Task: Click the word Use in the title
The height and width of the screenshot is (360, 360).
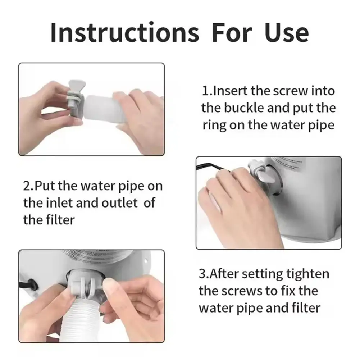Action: click(x=286, y=33)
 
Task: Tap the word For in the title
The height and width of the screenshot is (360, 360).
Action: click(x=232, y=33)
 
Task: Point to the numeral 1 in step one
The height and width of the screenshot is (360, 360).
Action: click(x=205, y=91)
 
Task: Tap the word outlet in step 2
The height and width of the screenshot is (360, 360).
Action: click(x=119, y=203)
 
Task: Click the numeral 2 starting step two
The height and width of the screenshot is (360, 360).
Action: click(x=27, y=186)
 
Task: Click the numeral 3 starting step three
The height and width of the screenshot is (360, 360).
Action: click(x=202, y=274)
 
